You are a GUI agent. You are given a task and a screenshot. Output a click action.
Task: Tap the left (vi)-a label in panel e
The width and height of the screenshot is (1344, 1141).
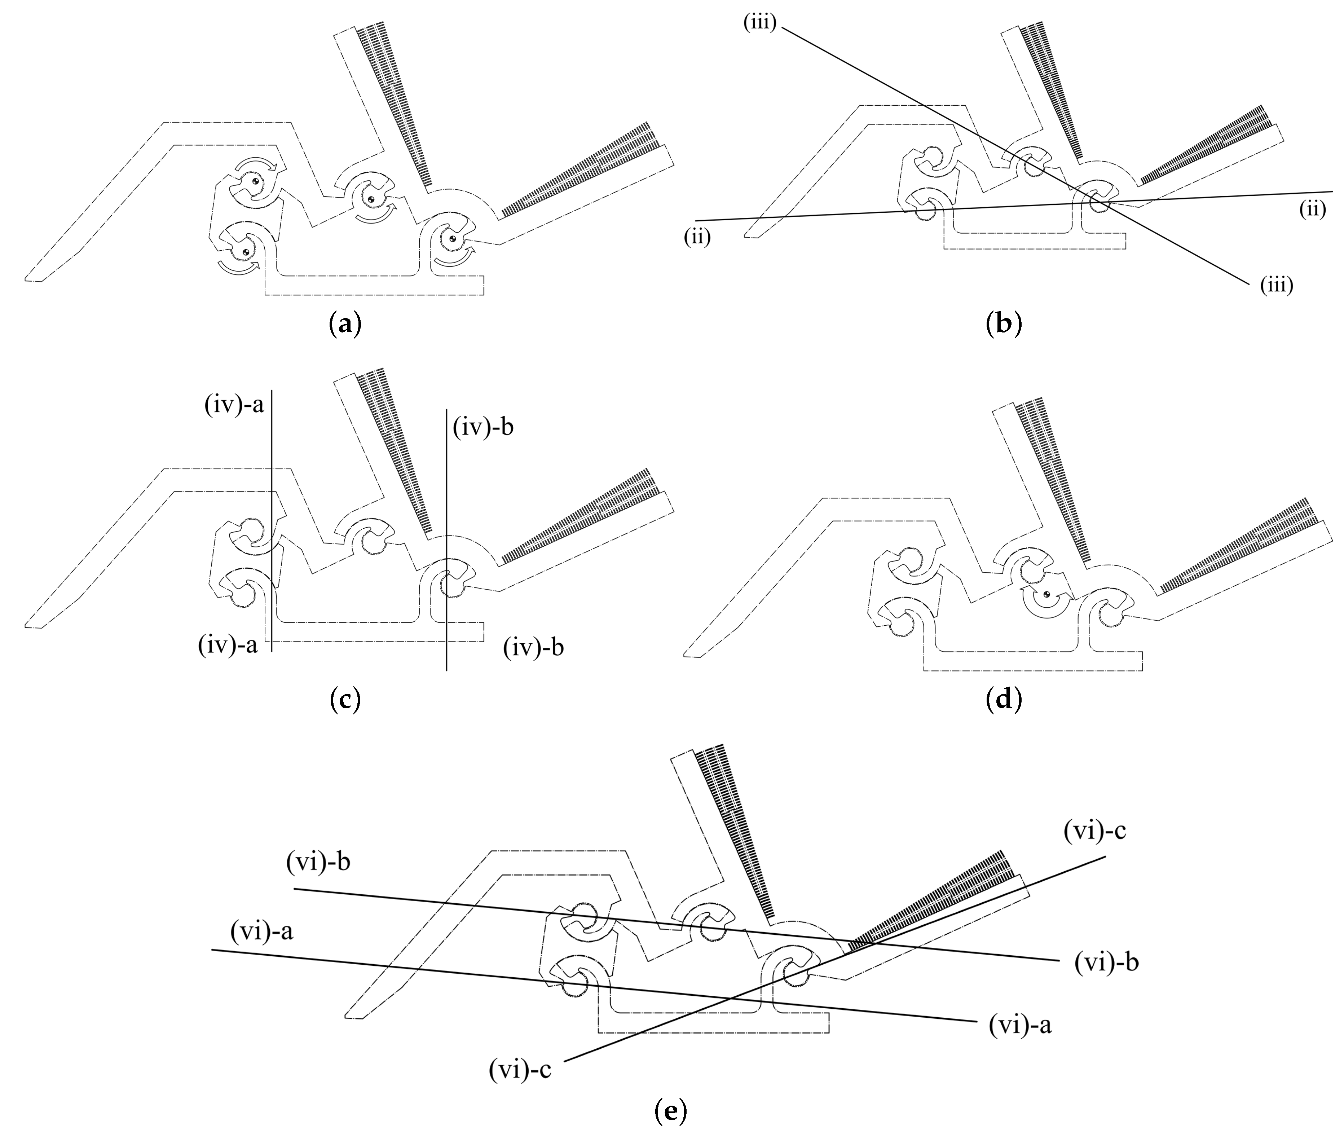pyautogui.click(x=261, y=932)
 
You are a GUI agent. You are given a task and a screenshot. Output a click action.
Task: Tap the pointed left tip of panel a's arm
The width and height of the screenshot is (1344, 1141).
pyautogui.click(x=27, y=279)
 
